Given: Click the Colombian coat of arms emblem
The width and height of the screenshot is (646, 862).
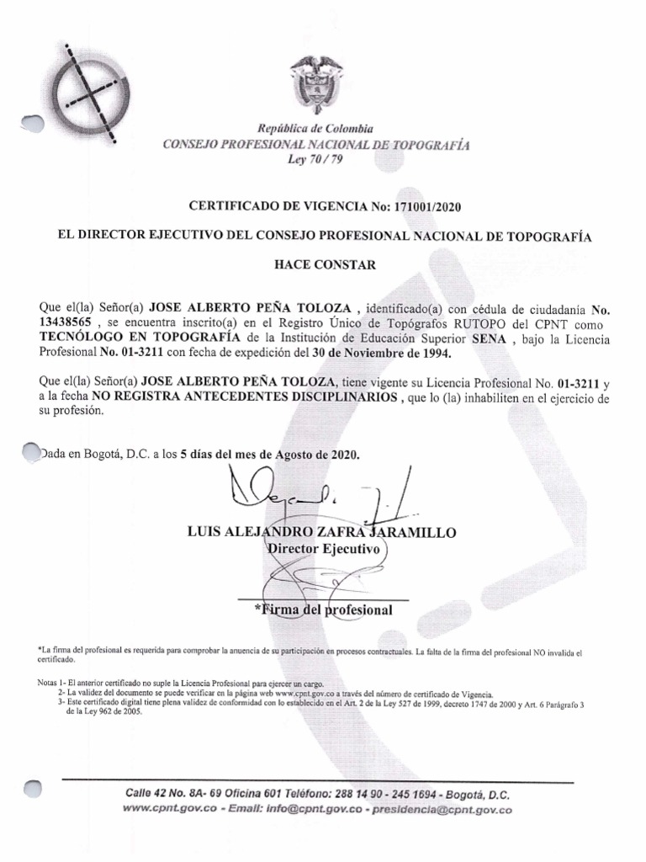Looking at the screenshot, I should click(316, 88).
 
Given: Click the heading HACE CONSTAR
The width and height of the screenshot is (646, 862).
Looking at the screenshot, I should click(324, 264).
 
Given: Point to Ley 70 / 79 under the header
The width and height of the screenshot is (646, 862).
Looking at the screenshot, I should click(315, 160).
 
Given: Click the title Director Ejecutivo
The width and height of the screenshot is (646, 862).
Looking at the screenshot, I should click(323, 548).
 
